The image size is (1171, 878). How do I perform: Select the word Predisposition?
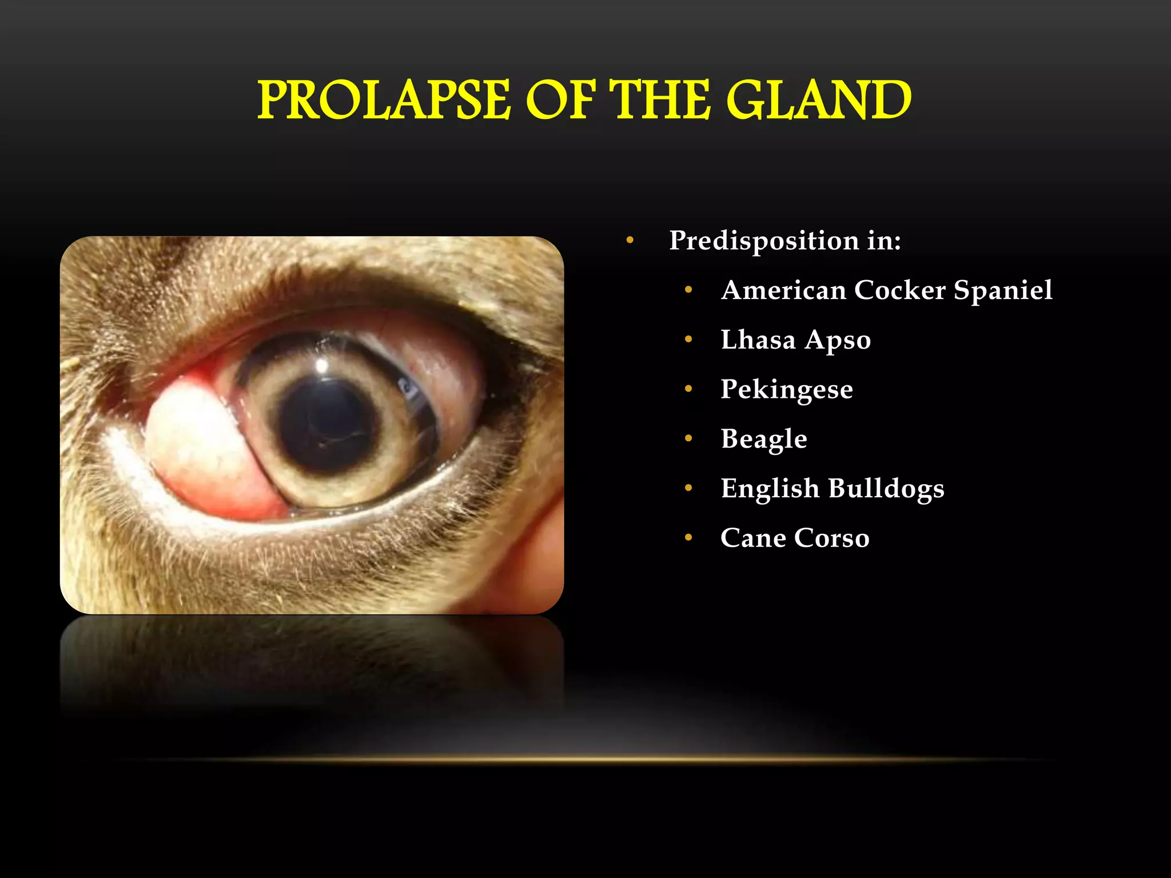pyautogui.click(x=764, y=241)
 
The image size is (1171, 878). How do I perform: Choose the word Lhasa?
pyautogui.click(x=758, y=340)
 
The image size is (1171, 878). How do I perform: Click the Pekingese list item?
pyautogui.click(x=787, y=390)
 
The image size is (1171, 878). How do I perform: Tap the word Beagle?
pyautogui.click(x=764, y=440)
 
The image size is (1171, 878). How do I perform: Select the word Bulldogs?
pyautogui.click(x=886, y=489)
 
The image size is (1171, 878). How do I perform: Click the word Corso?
pyautogui.click(x=832, y=538)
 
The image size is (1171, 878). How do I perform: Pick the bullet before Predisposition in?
pyautogui.click(x=630, y=241)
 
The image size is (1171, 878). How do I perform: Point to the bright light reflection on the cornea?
pyautogui.click(x=322, y=364)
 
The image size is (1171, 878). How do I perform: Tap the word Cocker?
pyautogui.click(x=900, y=290)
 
